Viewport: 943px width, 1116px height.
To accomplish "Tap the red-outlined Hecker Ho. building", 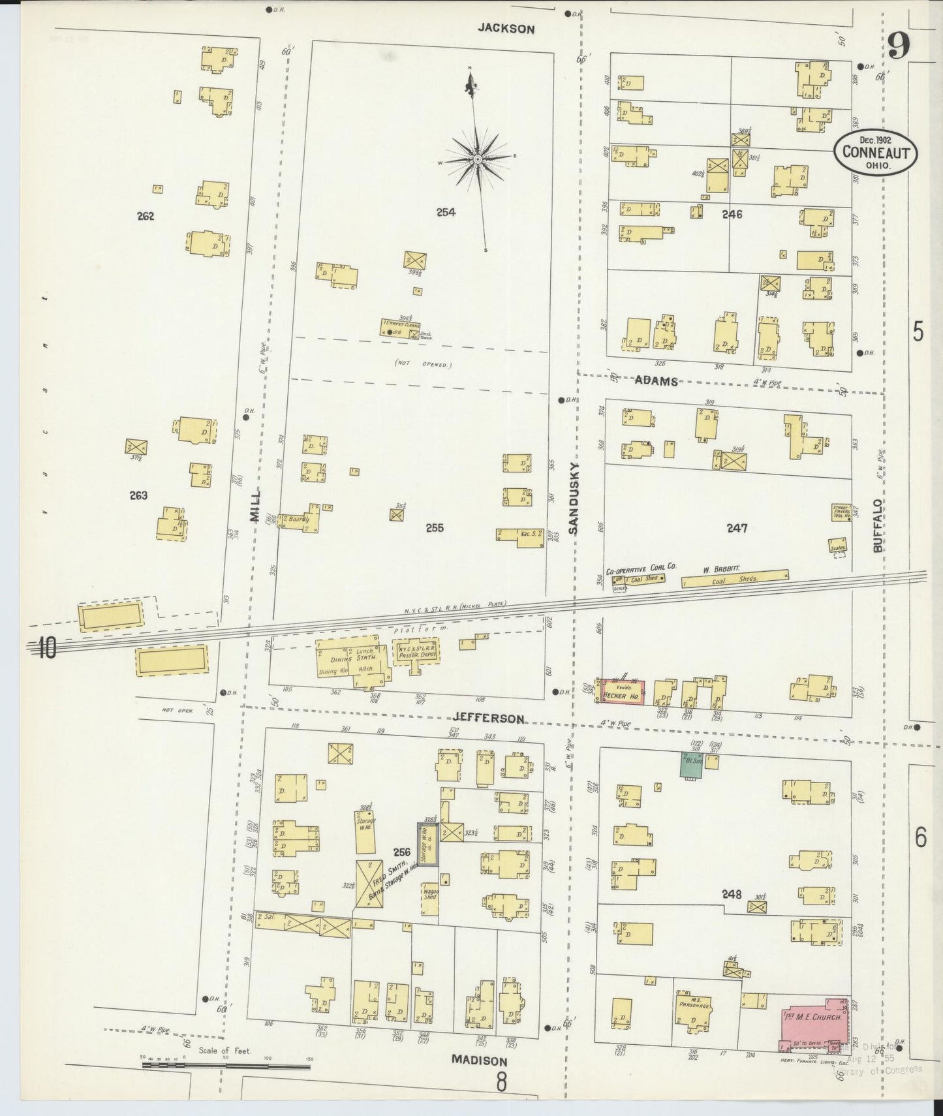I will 623,692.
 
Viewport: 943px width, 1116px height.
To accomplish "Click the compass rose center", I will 477,159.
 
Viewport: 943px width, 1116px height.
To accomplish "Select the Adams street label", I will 657,382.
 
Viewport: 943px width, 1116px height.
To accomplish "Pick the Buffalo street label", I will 878,526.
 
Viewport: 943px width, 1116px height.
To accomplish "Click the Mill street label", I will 255,505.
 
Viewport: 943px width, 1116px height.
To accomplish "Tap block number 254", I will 446,212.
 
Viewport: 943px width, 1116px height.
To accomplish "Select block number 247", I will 737,528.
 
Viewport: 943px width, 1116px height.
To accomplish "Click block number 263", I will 138,495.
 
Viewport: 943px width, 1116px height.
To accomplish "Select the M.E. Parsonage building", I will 694,1013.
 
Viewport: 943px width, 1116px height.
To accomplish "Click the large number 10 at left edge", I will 46,649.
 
